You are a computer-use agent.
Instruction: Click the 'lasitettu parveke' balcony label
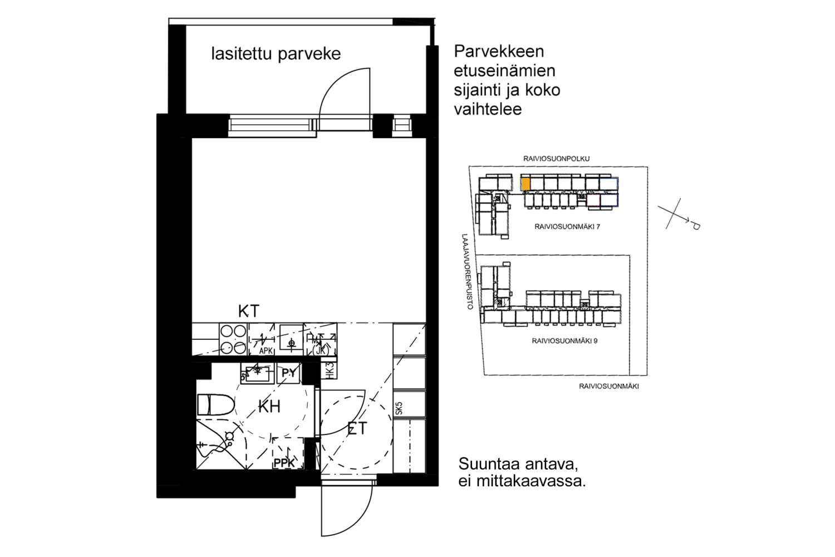[x=276, y=54]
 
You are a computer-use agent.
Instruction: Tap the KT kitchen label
[x=248, y=311]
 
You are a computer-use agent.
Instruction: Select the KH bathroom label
[x=269, y=407]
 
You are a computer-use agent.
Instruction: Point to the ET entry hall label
[x=357, y=428]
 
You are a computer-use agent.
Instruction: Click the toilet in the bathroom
[x=216, y=404]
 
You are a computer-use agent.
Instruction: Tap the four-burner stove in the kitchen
[x=233, y=339]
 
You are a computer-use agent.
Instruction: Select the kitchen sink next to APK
[x=291, y=339]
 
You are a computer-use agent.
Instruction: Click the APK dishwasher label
[x=266, y=351]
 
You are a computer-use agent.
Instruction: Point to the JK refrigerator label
[x=321, y=350]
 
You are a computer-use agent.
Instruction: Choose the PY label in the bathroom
[x=289, y=373]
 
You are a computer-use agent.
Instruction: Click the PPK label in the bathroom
[x=284, y=463]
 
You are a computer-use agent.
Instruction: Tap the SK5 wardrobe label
[x=399, y=408]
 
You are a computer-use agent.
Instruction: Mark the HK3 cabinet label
[x=329, y=370]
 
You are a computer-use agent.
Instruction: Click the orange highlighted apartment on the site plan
[x=525, y=183]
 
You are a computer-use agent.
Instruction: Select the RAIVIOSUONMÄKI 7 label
[x=567, y=227]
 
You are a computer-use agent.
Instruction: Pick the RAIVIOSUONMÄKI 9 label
[x=564, y=340]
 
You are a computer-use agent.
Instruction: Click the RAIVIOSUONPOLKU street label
[x=556, y=159]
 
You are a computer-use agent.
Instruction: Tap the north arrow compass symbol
[x=678, y=216]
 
